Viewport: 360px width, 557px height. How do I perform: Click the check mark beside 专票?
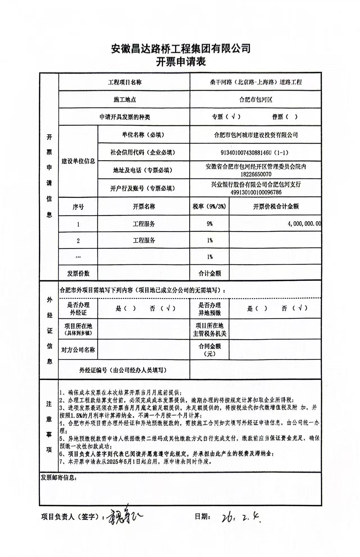pyautogui.click(x=233, y=117)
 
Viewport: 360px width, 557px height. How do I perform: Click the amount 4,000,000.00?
pyautogui.click(x=304, y=224)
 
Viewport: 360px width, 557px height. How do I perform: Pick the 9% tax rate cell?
pyautogui.click(x=210, y=224)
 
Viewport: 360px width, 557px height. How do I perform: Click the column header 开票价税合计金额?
pyautogui.click(x=276, y=207)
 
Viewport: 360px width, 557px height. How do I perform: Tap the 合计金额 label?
pyautogui.click(x=210, y=273)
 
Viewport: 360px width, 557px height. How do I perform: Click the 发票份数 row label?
pyautogui.click(x=78, y=273)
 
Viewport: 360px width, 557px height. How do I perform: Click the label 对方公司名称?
pyautogui.click(x=78, y=350)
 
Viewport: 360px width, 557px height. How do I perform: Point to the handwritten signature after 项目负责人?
pyautogui.click(x=124, y=517)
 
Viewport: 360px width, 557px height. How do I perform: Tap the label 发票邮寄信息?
pyautogui.click(x=58, y=478)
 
